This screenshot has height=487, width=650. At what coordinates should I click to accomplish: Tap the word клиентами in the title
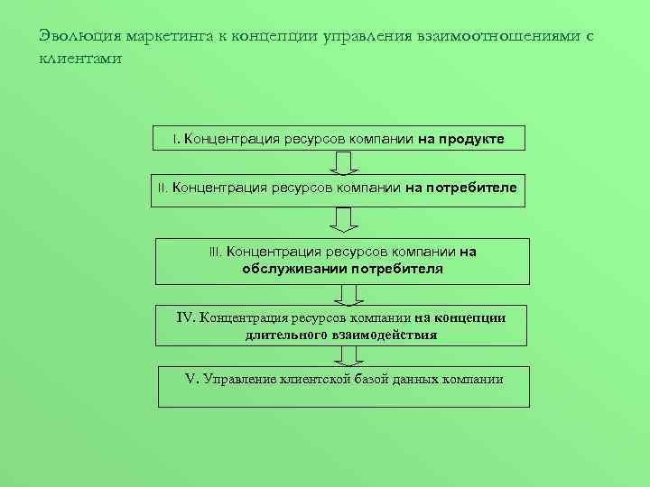pyautogui.click(x=79, y=59)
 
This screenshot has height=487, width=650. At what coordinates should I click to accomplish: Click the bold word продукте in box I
pyautogui.click(x=471, y=140)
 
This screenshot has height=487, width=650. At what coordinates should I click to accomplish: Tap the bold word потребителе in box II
pyautogui.click(x=471, y=188)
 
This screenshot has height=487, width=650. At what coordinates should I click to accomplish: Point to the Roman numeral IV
pyautogui.click(x=186, y=317)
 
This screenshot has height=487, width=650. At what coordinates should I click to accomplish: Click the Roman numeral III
pyautogui.click(x=215, y=253)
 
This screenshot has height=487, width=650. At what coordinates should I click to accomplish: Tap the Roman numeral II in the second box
pyautogui.click(x=162, y=188)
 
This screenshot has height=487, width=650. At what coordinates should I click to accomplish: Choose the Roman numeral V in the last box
pyautogui.click(x=190, y=379)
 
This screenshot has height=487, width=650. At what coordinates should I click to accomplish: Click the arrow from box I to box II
pyautogui.click(x=344, y=162)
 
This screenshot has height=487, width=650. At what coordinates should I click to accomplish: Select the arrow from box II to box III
pyautogui.click(x=344, y=219)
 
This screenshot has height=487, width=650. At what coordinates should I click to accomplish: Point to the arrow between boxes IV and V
pyautogui.click(x=348, y=356)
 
